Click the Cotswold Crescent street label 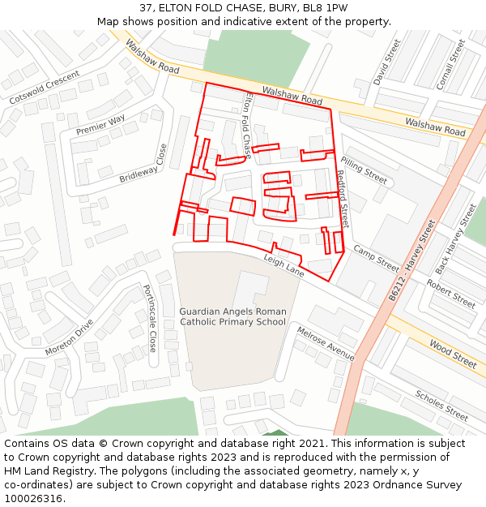[45, 87]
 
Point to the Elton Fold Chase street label [248, 118]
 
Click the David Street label [387, 62]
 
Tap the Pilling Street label [364, 170]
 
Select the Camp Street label [376, 258]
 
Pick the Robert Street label [451, 295]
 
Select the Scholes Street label [441, 405]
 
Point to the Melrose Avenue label [326, 344]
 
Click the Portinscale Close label [150, 318]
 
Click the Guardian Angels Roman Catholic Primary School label [232, 316]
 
